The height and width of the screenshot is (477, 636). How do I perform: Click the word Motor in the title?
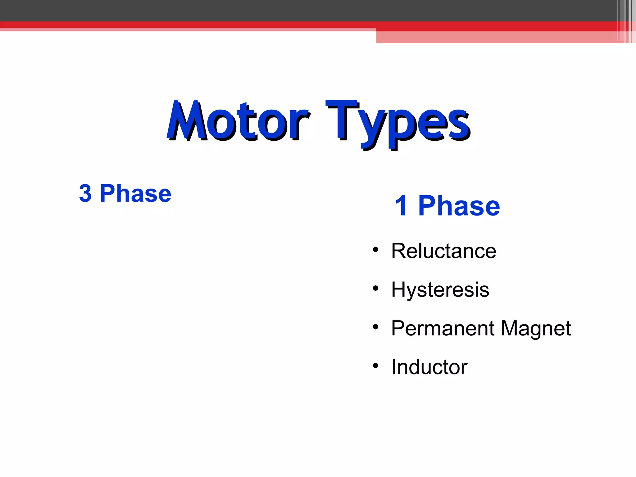(238, 121)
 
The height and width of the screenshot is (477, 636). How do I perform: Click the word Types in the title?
(397, 123)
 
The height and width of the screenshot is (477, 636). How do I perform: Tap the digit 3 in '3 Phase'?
(85, 193)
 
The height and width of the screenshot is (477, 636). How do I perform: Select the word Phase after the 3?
(135, 193)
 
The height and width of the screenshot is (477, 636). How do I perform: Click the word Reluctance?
(443, 251)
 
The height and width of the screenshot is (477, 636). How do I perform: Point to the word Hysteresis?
(440, 290)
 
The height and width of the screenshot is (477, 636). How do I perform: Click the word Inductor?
(429, 367)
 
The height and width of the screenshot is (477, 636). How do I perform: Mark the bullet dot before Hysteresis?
(376, 288)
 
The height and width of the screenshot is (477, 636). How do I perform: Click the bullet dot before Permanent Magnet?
(376, 327)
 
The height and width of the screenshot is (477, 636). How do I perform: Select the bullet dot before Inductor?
(376, 366)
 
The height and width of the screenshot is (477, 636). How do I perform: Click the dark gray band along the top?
(279, 10)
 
